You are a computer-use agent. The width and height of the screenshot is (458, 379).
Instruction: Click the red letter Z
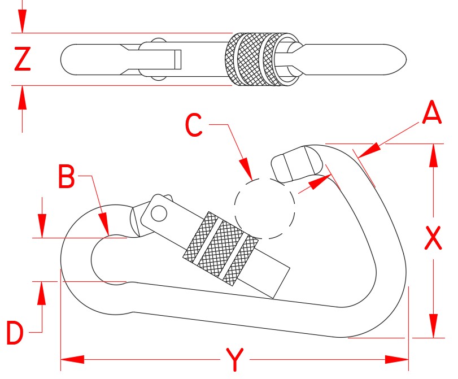coord(23,59)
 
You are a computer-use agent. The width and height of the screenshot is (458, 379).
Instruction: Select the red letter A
coord(431,113)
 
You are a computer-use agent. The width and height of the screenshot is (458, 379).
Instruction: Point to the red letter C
coord(194,125)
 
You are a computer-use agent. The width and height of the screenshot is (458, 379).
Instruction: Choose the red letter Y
coord(234,359)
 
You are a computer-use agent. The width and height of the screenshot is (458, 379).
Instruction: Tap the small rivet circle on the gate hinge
coord(159,213)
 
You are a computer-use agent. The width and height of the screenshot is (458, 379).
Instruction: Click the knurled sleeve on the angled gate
coord(220,247)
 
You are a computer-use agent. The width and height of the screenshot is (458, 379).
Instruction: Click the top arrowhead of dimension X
coord(433,156)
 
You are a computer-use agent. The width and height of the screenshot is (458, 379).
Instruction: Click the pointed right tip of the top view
coord(404,59)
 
